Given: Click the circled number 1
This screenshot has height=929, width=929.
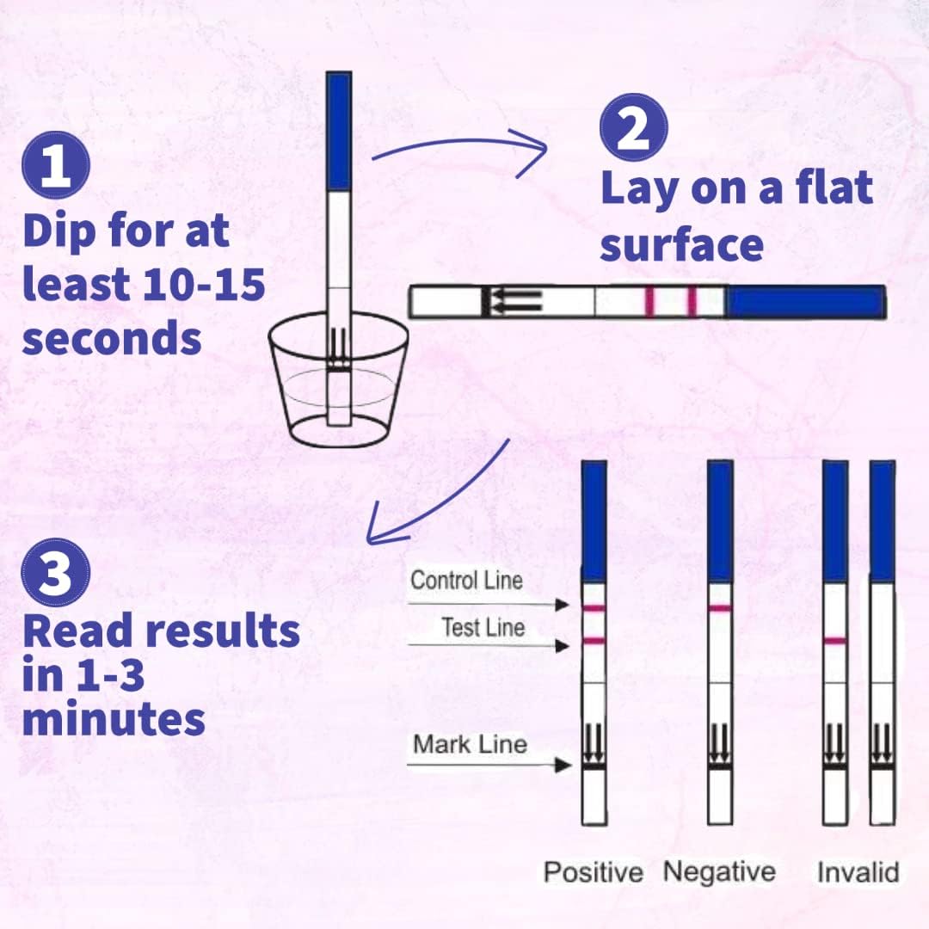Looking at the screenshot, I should click(x=56, y=166).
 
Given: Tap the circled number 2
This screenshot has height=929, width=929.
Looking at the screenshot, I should click(x=633, y=126).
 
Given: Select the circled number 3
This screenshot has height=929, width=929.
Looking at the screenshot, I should click(x=56, y=575).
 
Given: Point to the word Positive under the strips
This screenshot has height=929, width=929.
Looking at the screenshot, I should click(x=593, y=872).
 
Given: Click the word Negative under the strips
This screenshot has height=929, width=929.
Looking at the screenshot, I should click(x=719, y=871).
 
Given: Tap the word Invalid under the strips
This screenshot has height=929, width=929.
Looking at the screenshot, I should click(x=858, y=872).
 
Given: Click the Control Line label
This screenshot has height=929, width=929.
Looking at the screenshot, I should click(x=466, y=581).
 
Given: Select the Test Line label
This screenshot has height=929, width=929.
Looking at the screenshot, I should click(x=483, y=628).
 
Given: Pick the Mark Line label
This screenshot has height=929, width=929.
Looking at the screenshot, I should click(x=470, y=744).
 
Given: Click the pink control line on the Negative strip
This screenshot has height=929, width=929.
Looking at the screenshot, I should click(x=720, y=608).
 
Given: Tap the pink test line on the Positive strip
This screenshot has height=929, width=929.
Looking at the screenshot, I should click(x=594, y=641).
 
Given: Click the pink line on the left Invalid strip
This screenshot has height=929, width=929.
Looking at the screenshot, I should click(x=835, y=641).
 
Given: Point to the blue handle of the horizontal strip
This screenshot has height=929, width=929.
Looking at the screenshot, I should click(x=805, y=302).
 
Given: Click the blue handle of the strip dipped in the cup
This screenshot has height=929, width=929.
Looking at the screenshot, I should click(x=338, y=131).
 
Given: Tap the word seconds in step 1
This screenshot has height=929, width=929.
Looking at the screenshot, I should click(x=112, y=339).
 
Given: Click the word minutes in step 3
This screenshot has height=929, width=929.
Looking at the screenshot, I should click(x=114, y=720).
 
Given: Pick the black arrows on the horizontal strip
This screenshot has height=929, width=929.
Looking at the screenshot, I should click(x=514, y=301).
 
